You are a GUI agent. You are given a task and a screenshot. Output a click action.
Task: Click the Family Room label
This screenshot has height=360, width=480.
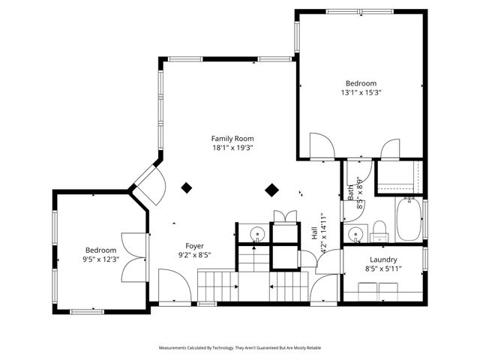pos(232,138)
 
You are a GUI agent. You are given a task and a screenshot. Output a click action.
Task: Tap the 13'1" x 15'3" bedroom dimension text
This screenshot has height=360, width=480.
pos(359,93)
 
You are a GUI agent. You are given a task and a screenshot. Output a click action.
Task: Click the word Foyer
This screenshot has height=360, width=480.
pos(194,245)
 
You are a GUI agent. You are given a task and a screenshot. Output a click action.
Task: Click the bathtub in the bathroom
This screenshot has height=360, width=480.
pos(409,218)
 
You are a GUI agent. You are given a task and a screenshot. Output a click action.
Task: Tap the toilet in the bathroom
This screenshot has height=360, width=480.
pos(379,229)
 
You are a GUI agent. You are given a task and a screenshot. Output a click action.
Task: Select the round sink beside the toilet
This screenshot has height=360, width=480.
pos(355,234)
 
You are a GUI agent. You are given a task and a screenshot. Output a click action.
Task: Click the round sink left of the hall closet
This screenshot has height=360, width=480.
pos(256,234)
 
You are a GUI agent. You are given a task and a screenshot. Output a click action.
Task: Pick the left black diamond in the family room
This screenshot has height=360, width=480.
pos(187,187)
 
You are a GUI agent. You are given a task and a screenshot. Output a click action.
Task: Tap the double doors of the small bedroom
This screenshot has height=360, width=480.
pos(133,256)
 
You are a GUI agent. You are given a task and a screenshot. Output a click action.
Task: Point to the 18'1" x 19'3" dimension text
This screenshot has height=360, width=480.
pos(232,148)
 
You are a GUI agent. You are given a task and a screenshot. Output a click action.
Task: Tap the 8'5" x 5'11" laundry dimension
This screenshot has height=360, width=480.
pos(382,268)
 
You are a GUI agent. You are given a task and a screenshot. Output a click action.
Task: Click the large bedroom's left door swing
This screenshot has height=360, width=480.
pos(321,145)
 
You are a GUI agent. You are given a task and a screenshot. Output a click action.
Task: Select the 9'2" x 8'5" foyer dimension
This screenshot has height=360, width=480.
pos(194,255)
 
